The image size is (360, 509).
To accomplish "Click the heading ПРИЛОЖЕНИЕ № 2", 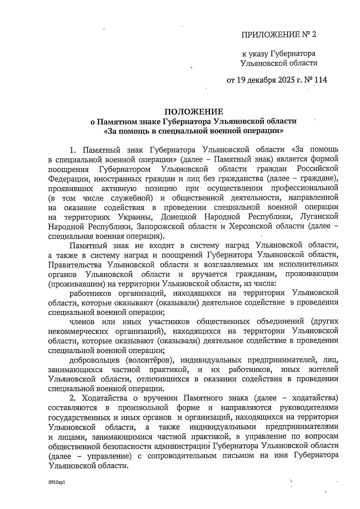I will tap(279, 35).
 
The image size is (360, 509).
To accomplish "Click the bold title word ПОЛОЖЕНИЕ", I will tap(193, 112).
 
